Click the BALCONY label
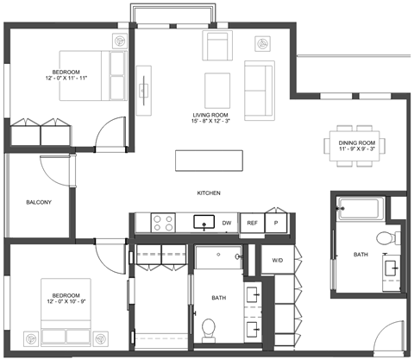tap(39, 202)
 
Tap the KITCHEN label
tap(209, 193)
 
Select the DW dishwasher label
tap(227, 223)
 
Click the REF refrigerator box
tap(252, 223)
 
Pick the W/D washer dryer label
tap(278, 261)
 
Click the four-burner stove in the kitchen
tap(163, 223)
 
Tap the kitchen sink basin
tap(204, 222)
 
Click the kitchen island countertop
tap(209, 161)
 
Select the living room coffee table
tap(217, 91)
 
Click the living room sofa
tap(260, 91)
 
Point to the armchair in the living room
tap(217, 45)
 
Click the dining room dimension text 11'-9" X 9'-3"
tap(357, 149)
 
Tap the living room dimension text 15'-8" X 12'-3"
tap(210, 121)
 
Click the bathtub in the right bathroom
tap(361, 208)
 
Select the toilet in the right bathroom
tap(388, 238)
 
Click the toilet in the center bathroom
tap(209, 331)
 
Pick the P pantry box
tap(276, 223)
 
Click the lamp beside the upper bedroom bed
tap(120, 41)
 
